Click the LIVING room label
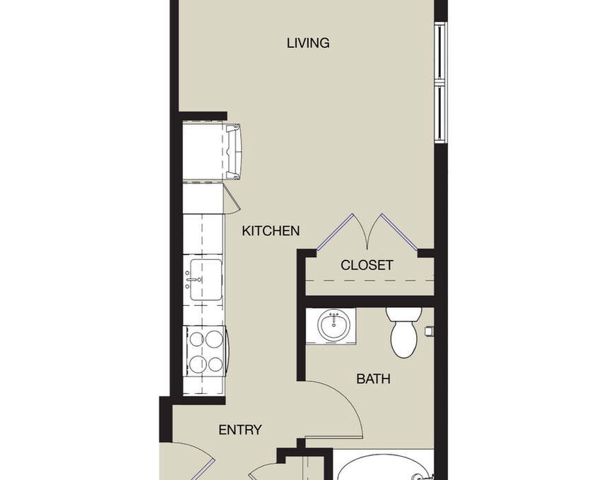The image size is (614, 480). coord(308,43)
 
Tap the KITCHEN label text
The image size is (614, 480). coord(271,231)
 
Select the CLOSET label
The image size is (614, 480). coord(367,265)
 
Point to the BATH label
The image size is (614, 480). coord(373,378)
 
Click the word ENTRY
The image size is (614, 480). coord(240,430)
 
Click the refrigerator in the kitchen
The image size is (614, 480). coord(211,151)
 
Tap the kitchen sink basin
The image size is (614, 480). coord(206,280)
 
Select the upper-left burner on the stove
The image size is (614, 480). coord(196,339)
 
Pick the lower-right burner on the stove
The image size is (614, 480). coord(215,364)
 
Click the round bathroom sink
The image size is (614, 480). coord(334,325)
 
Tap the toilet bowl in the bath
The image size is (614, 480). coord(404,340)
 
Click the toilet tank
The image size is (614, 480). coord(403,314)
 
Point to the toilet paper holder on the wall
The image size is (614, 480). coord(428,330)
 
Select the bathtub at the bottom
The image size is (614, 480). coord(383,467)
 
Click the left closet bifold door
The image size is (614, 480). coord(334,232)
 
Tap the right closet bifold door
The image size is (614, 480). coord(399,232)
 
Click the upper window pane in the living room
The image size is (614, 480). coord(440,52)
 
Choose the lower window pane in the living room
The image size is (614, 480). coord(440,113)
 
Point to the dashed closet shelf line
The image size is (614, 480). coord(370,280)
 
